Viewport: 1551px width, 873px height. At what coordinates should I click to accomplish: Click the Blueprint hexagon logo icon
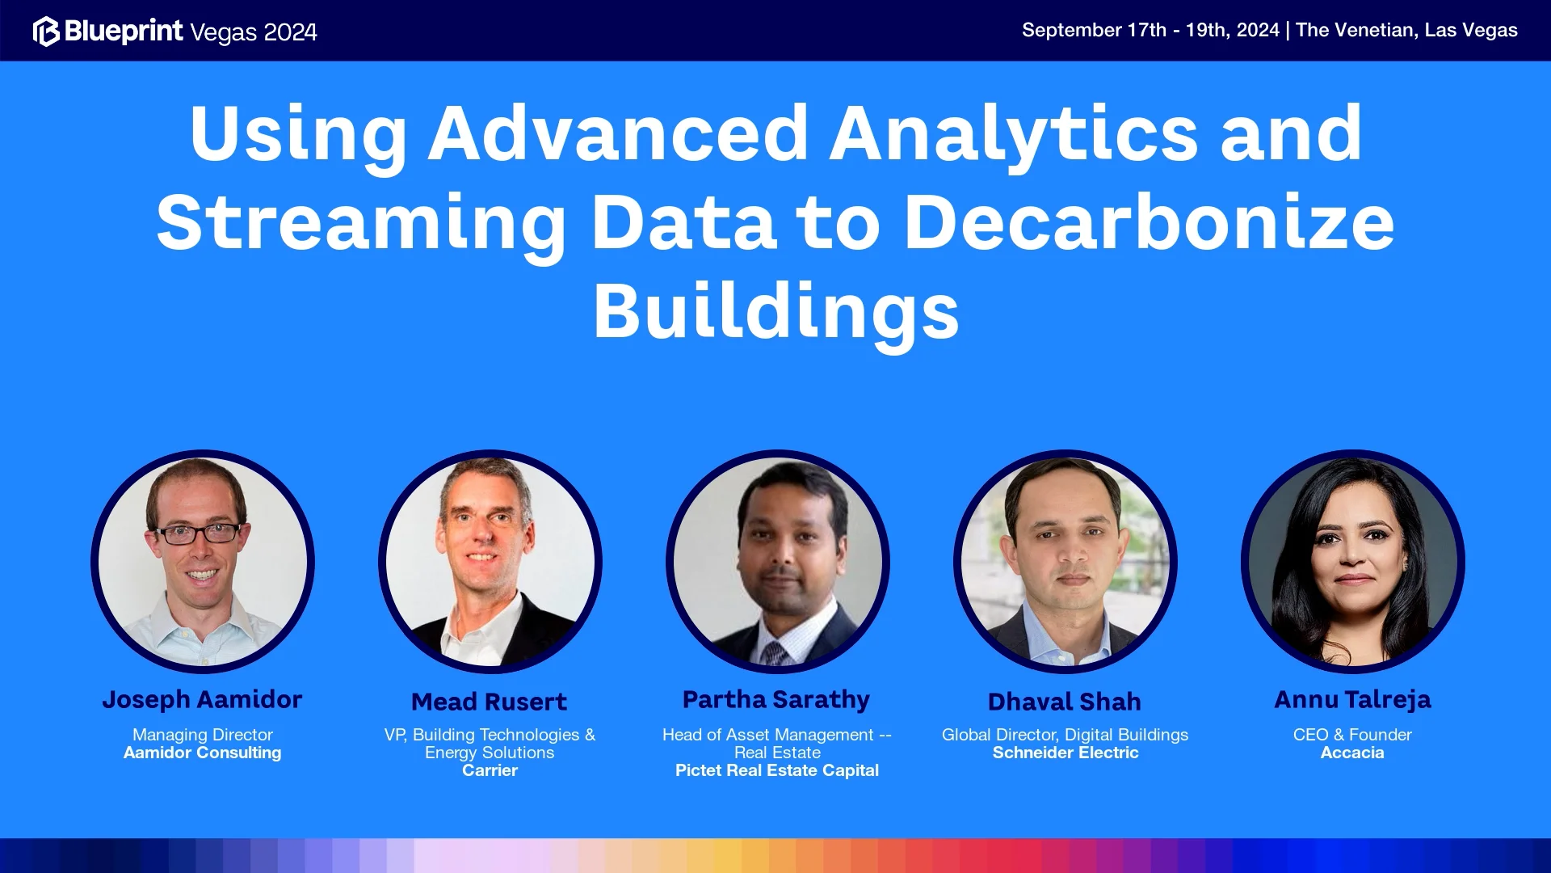46,32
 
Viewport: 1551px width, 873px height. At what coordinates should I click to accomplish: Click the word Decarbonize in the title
1149,222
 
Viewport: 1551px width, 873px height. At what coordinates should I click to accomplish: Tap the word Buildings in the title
775,312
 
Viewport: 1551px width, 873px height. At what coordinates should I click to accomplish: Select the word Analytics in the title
1015,133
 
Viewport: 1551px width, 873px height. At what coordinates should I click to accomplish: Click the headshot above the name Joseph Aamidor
203,562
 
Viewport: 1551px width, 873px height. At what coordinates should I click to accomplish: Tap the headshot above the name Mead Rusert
490,562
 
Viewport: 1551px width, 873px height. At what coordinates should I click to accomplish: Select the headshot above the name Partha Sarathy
778,562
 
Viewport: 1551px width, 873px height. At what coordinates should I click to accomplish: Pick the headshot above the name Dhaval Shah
1066,562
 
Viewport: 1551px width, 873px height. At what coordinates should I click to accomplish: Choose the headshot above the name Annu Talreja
1353,562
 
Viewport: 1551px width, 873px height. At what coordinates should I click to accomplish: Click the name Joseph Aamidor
202,700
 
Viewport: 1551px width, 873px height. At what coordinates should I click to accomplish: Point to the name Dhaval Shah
1065,702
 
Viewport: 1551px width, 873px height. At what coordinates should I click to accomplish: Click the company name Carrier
490,770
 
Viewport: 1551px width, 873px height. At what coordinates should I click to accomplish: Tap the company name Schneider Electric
1066,753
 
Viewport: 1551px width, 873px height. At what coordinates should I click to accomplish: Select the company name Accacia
1352,753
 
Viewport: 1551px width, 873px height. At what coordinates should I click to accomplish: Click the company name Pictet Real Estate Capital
777,770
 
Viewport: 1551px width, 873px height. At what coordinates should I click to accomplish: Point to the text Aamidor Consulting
202,753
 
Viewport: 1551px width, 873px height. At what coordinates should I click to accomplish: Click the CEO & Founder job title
1352,735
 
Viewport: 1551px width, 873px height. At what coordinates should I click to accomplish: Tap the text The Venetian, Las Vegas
1406,31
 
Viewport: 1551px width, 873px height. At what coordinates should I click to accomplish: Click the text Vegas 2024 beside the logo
254,32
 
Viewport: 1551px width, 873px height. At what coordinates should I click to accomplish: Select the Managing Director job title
202,735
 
